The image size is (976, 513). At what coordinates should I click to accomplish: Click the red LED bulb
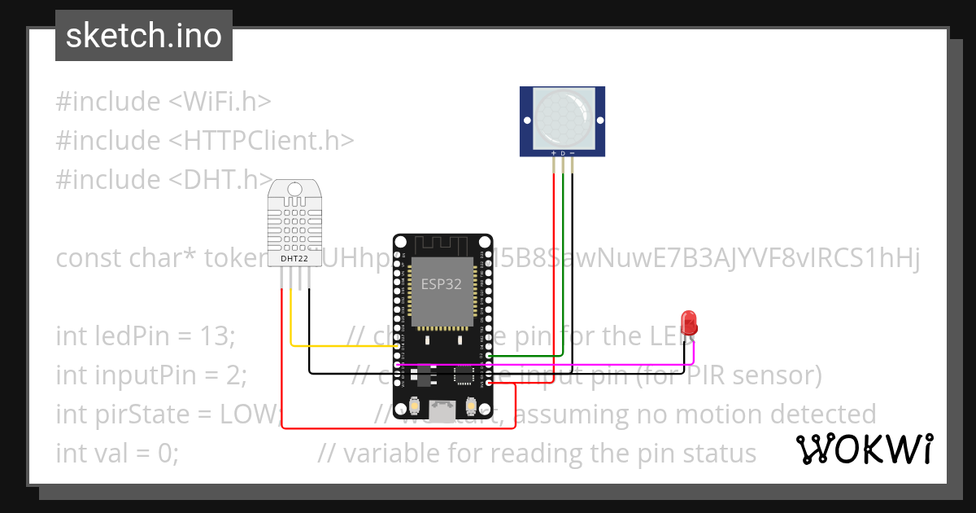click(689, 322)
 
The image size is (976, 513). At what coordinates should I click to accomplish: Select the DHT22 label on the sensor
click(294, 259)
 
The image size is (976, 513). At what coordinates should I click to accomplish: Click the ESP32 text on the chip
click(441, 284)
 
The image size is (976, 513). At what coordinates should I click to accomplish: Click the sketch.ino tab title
click(144, 36)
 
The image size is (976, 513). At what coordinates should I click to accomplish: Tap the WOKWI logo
click(865, 449)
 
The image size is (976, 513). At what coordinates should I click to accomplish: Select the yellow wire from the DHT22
click(342, 345)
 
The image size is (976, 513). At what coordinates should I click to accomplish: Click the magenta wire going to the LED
click(569, 365)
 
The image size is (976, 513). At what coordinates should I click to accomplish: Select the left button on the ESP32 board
click(416, 404)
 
